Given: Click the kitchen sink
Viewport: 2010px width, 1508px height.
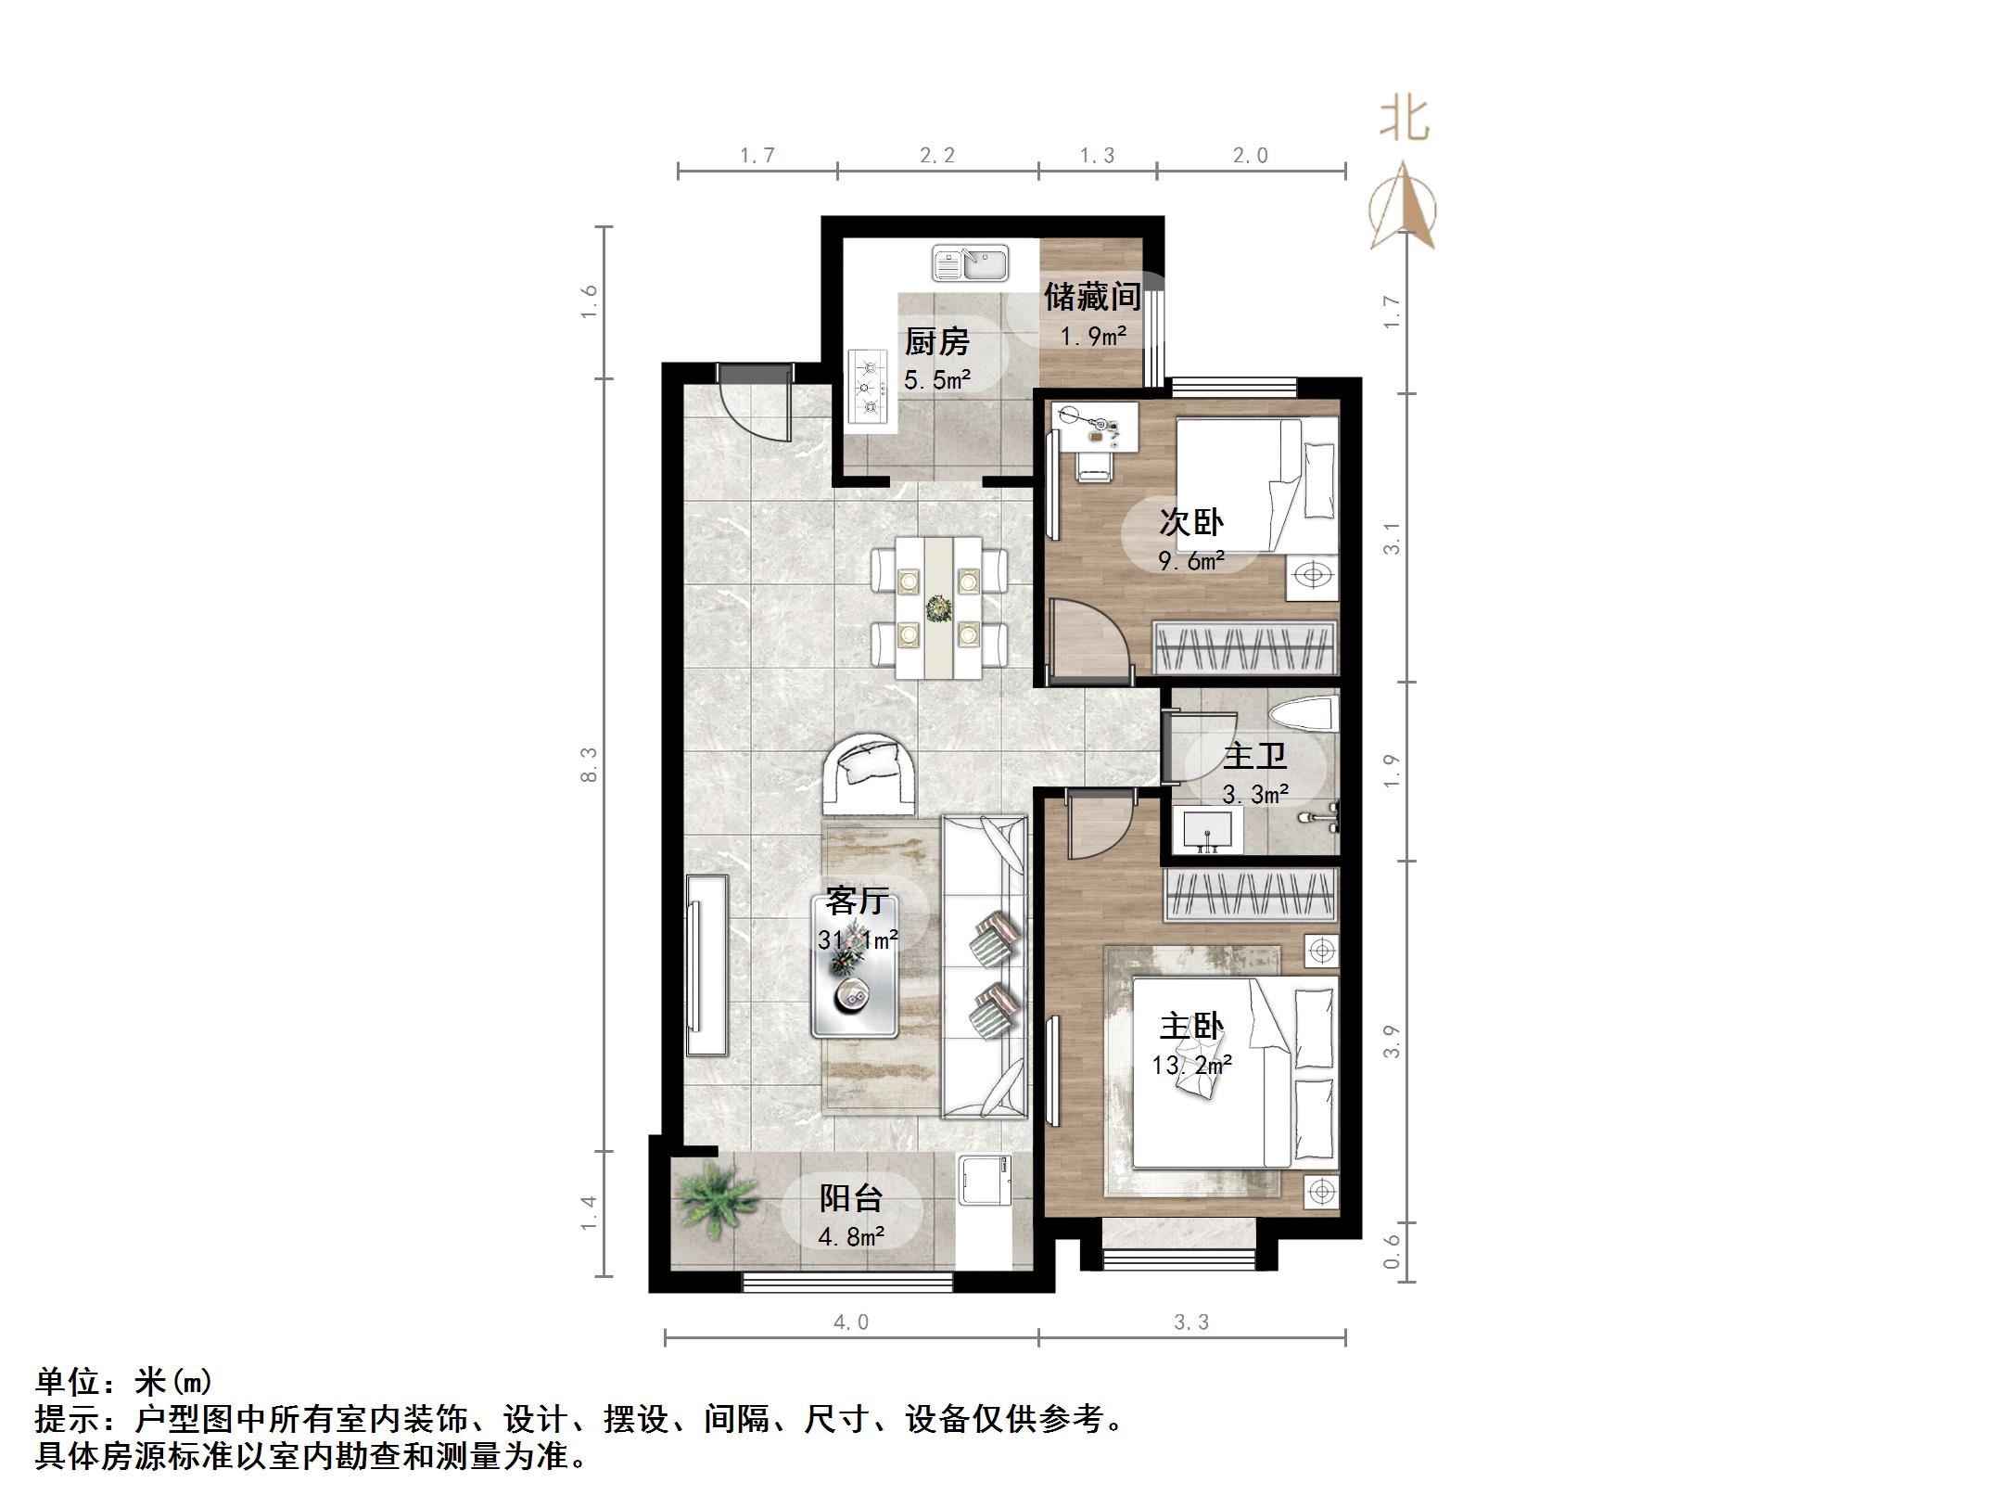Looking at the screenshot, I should pyautogui.click(x=971, y=263).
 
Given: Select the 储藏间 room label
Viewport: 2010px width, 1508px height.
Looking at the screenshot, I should pyautogui.click(x=1092, y=297).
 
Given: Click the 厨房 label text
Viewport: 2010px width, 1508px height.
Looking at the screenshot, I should pyautogui.click(x=937, y=342).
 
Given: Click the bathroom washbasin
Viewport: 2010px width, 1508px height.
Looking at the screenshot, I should pyautogui.click(x=1207, y=828).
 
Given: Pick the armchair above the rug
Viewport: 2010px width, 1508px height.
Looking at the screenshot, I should pyautogui.click(x=223, y=768).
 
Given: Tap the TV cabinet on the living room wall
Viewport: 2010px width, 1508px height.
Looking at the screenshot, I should pyautogui.click(x=707, y=965).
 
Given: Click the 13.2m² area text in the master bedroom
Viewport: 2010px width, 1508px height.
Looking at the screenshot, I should pyautogui.click(x=1192, y=1065).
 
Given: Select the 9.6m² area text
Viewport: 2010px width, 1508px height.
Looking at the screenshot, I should pyautogui.click(x=1191, y=561).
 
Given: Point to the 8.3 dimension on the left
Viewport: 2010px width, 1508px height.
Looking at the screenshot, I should pyautogui.click(x=590, y=764).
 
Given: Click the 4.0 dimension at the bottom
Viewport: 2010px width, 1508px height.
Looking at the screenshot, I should pyautogui.click(x=851, y=1322).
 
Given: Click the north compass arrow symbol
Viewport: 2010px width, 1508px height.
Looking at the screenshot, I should pyautogui.click(x=1404, y=209).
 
